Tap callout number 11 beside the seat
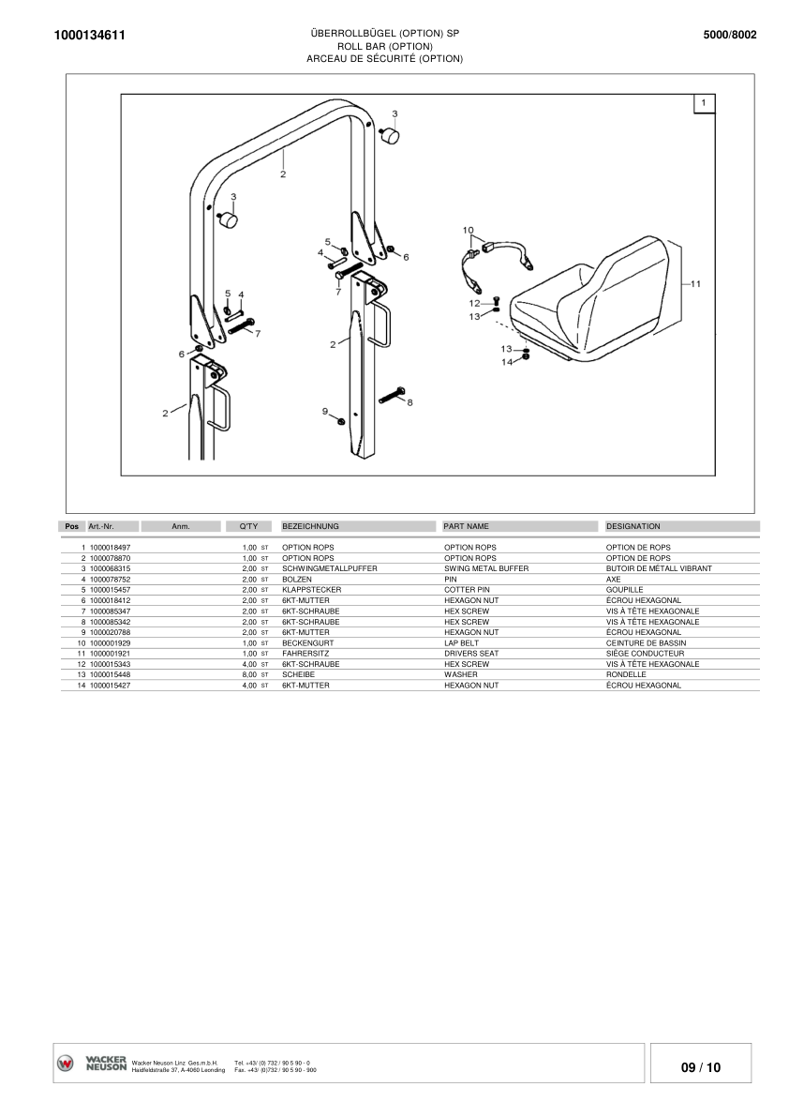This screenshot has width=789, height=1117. tap(694, 283)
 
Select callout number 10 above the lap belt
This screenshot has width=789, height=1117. tap(469, 230)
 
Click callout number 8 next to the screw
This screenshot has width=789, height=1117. tap(409, 401)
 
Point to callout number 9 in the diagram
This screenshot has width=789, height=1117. tap(325, 411)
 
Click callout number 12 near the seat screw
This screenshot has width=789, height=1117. tap(474, 303)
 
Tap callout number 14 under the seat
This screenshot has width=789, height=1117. tap(506, 362)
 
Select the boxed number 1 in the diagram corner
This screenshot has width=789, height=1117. tap(704, 102)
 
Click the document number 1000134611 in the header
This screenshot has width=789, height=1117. tap(91, 36)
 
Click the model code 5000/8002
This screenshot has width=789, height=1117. tap(729, 36)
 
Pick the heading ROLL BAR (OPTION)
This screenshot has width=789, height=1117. tap(384, 46)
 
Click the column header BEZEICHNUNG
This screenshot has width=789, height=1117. tap(310, 527)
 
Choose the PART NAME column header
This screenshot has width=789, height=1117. tap(466, 527)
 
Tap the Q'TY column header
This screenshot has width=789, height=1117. tap(235, 527)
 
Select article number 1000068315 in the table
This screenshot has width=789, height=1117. tap(110, 568)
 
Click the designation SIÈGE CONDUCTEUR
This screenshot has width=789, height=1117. tap(646, 654)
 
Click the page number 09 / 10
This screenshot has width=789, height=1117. tap(700, 1067)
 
